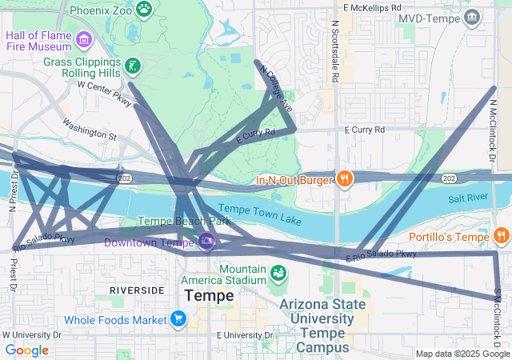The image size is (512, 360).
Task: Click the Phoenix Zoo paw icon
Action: [x=144, y=10]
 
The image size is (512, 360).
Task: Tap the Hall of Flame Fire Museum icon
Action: [x=84, y=38]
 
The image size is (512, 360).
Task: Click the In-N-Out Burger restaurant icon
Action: [x=344, y=179]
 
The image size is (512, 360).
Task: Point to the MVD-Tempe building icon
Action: [x=472, y=17]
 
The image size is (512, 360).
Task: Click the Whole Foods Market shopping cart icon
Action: [x=178, y=320]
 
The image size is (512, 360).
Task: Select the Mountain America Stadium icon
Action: [x=278, y=274]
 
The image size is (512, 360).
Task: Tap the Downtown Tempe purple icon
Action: [x=206, y=241]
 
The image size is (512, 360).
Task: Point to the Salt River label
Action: [x=469, y=198]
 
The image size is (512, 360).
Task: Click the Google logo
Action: [x=26, y=350]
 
